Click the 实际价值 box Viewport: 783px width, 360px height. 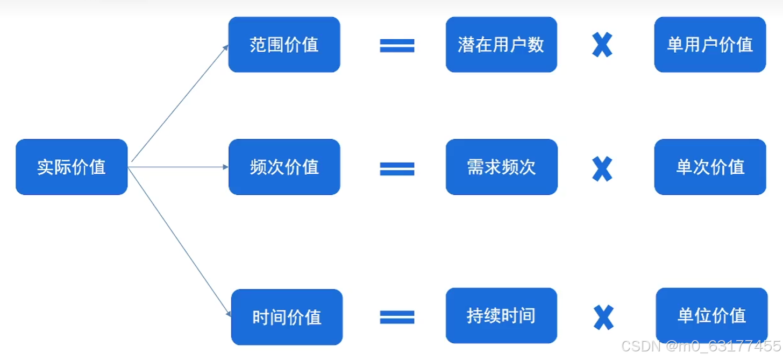coord(72,167)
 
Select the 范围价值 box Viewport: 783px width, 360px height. coord(284,45)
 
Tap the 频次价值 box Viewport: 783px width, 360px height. coord(284,167)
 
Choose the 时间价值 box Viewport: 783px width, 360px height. coord(287,317)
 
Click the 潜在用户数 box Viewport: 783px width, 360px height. coord(501,45)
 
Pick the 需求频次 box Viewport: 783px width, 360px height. coord(501,167)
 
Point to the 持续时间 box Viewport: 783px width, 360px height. coord(501,315)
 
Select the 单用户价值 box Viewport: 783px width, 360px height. coord(710,45)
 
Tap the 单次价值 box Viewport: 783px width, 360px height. coord(710,167)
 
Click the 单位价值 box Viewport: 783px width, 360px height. coord(711,315)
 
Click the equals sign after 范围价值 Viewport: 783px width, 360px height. coord(397,46)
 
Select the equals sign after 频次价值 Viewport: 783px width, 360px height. coord(397,169)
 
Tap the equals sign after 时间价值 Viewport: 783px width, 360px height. coord(397,317)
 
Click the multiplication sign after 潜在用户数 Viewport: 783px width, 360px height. coord(602,45)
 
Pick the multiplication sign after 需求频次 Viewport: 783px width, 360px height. coord(602,168)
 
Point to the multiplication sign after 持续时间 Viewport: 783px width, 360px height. coord(603,317)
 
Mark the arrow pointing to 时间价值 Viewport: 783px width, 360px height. coord(180,242)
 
